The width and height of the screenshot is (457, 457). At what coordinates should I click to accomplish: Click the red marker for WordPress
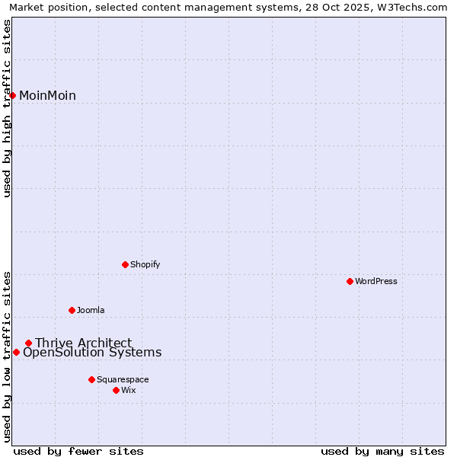click(350, 281)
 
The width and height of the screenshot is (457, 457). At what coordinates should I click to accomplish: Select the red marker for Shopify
click(125, 264)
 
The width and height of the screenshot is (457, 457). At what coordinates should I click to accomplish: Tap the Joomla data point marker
click(72, 310)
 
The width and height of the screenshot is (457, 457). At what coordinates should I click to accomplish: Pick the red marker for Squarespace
click(91, 379)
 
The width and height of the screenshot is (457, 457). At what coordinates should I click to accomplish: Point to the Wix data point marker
click(116, 390)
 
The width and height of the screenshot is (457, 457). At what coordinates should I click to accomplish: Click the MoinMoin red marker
click(13, 95)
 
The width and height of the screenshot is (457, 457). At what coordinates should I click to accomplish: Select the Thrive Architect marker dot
click(28, 343)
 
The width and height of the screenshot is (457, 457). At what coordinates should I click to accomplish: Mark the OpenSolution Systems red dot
click(16, 352)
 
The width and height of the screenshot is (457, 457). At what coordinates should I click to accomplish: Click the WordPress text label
click(376, 281)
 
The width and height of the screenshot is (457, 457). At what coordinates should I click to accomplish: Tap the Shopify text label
click(145, 264)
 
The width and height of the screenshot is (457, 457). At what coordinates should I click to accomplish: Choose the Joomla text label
click(91, 310)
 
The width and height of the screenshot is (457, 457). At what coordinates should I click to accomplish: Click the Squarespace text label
click(123, 379)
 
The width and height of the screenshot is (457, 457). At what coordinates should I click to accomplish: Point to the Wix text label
click(129, 390)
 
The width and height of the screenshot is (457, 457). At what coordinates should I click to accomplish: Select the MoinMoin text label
click(47, 95)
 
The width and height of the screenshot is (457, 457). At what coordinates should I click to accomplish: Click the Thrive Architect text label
click(83, 343)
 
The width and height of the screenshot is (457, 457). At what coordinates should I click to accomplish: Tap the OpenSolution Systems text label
click(92, 353)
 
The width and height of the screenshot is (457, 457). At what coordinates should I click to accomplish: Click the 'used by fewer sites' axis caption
click(78, 451)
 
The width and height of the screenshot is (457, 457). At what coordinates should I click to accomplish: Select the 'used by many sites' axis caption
click(382, 451)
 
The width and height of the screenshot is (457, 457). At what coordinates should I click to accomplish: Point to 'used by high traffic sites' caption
click(8, 108)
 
